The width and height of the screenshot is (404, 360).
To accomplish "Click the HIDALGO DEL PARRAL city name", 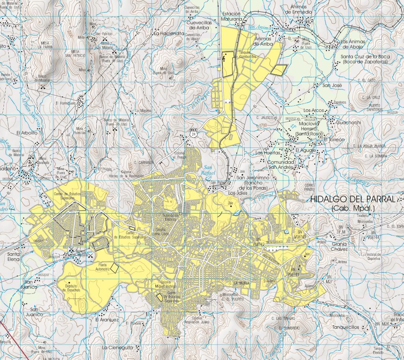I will click(x=352, y=200).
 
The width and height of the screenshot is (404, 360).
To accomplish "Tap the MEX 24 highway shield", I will click(x=193, y=133).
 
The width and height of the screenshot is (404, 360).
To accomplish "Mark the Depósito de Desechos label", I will click(x=71, y=287).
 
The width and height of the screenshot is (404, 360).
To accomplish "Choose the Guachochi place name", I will click(x=348, y=123).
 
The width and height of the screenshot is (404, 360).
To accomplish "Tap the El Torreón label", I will click(x=334, y=140).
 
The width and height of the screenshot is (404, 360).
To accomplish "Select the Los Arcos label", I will click(x=313, y=110).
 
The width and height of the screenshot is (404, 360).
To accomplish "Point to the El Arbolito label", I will click(x=26, y=133).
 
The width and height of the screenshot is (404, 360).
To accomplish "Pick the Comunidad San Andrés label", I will click(x=281, y=165).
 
